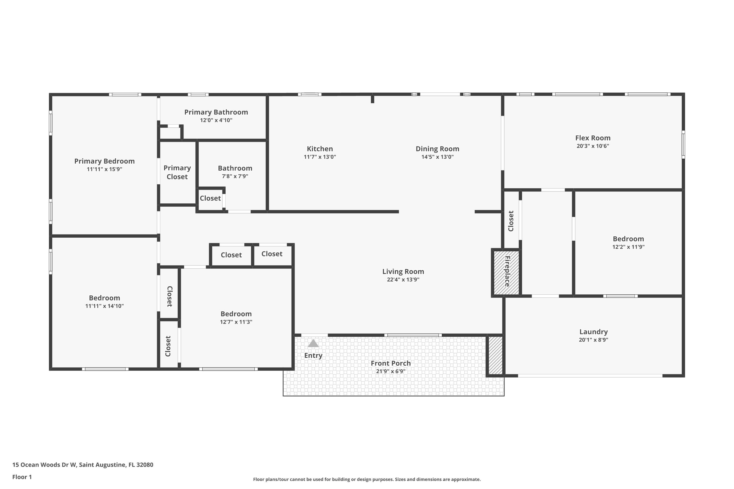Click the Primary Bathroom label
point(216,112)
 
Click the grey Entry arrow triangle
point(313,344)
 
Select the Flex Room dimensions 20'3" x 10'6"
point(593,146)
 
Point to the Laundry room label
point(593,332)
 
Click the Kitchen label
point(320,149)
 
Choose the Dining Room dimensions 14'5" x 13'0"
point(437,157)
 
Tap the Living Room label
point(403,271)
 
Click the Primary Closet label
point(177,172)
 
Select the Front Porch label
point(390,363)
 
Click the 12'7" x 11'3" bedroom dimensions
point(236,322)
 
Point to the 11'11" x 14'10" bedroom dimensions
point(104,306)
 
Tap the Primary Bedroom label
point(104,161)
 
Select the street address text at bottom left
point(83,465)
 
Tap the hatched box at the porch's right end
point(495,355)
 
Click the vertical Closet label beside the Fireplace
point(511,221)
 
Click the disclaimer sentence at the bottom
point(367,479)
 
